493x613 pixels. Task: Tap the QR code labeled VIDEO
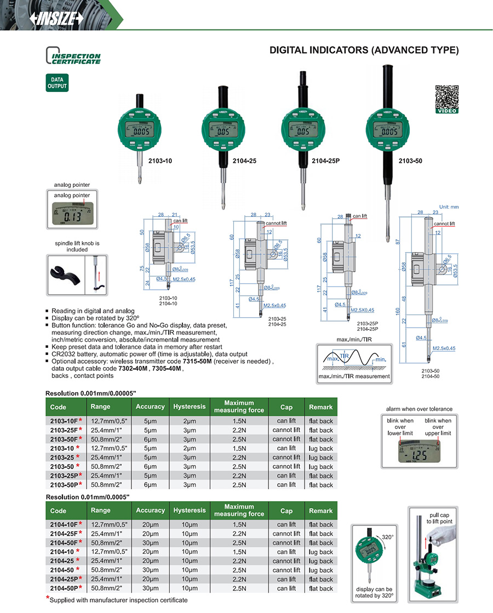pyautogui.click(x=446, y=97)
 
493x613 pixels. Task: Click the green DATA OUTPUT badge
pyautogui.click(x=56, y=83)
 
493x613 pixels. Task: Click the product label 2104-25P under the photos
pyautogui.click(x=325, y=161)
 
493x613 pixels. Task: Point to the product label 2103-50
pyautogui.click(x=410, y=161)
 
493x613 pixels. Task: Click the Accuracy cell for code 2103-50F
pyautogui.click(x=151, y=439)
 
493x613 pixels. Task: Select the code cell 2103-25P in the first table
pyautogui.click(x=66, y=475)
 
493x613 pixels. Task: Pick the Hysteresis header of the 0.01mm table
pyautogui.click(x=189, y=511)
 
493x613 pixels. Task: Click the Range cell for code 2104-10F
pyautogui.click(x=108, y=525)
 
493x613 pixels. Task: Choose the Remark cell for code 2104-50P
pyautogui.click(x=321, y=588)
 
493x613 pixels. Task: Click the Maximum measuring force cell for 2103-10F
pyautogui.click(x=239, y=421)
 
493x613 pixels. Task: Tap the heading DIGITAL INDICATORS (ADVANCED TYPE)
pyautogui.click(x=364, y=50)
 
